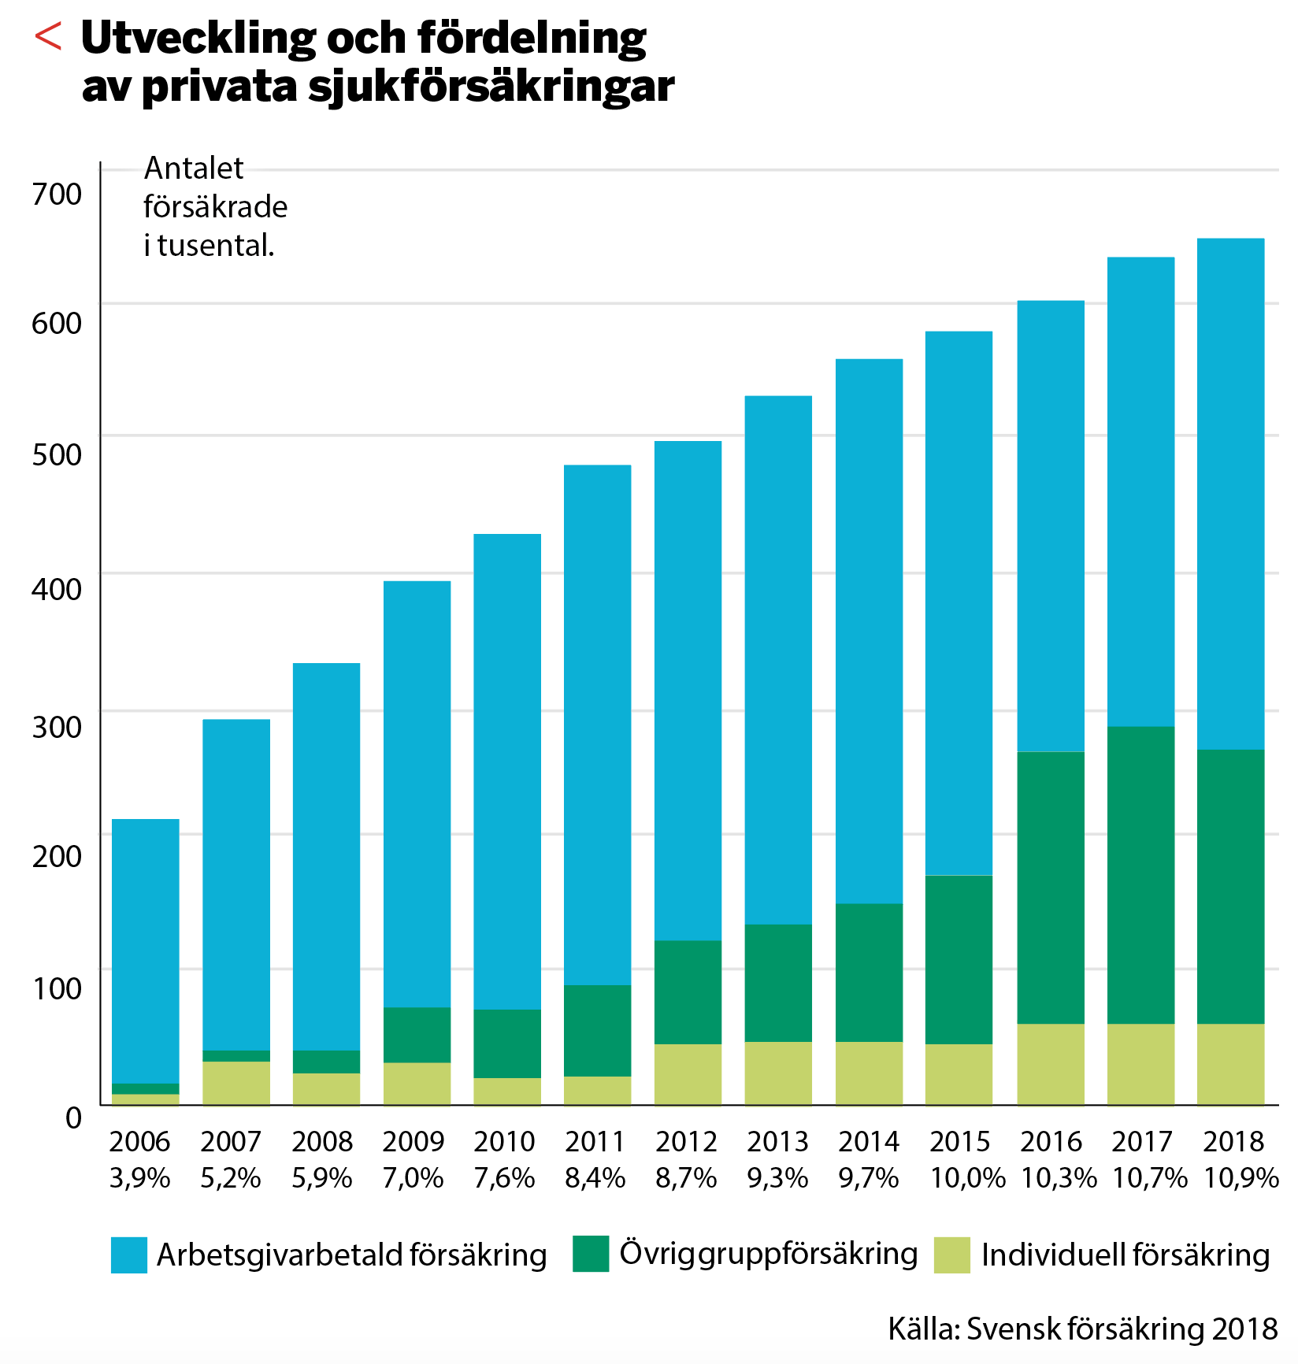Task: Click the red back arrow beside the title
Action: pos(49,37)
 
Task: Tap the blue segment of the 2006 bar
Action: pos(146,951)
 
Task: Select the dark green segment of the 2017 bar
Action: pos(1140,874)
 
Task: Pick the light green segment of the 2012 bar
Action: pos(688,1074)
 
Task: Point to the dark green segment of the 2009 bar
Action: pos(417,1035)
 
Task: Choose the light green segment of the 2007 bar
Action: pos(236,1083)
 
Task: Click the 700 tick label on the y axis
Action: pos(57,194)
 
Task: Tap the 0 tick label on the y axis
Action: pos(73,1118)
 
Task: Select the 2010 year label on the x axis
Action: pos(505,1141)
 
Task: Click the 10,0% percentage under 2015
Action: pos(968,1178)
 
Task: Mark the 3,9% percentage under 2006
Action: pos(140,1178)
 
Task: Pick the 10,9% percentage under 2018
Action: pos(1241,1178)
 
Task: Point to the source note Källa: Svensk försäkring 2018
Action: pos(1083,1329)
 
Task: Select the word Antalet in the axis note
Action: pos(194,169)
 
